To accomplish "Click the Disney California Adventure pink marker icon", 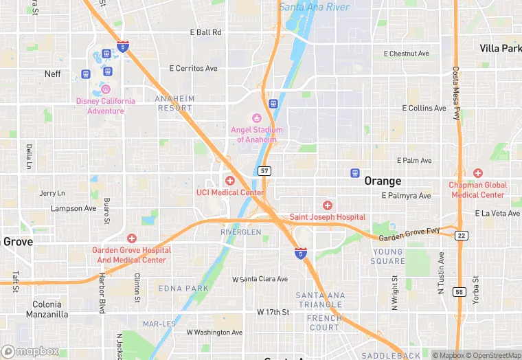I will [x=106, y=89].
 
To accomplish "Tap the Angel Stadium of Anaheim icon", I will [x=258, y=118].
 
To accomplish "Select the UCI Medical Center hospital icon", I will [x=230, y=181].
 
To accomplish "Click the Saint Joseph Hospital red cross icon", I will [x=328, y=205].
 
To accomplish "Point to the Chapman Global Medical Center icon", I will [x=478, y=173].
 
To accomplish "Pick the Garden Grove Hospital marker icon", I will [x=132, y=238].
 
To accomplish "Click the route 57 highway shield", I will [x=264, y=170].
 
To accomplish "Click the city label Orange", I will [x=383, y=181].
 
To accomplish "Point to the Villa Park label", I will [x=500, y=49].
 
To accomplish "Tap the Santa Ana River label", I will [x=315, y=7].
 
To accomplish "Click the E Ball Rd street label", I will [x=205, y=32].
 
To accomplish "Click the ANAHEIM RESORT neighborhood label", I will [x=176, y=103].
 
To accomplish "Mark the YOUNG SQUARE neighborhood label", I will [x=388, y=256].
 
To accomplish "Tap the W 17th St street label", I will [x=273, y=312].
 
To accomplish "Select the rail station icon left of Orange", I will [x=355, y=173].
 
